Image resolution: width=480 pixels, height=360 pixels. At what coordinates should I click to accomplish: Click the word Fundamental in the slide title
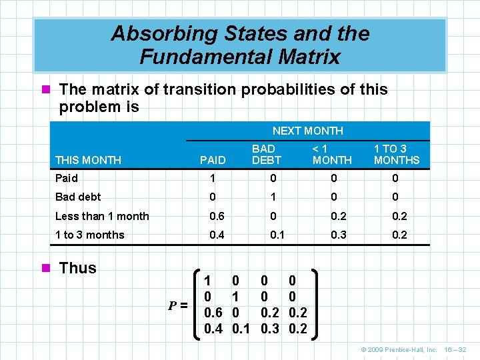click(x=199, y=57)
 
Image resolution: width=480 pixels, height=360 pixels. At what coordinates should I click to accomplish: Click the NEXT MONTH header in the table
click(x=307, y=131)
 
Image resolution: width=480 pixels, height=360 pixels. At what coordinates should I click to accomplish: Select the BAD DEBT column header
click(x=266, y=154)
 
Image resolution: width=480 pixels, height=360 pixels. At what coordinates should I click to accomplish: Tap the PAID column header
click(x=213, y=160)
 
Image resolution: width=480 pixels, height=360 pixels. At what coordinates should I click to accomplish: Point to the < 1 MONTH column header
click(x=331, y=154)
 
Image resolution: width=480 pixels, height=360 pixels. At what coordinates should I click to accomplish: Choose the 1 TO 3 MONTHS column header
click(x=396, y=154)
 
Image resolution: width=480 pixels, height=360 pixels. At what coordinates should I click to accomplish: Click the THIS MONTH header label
click(x=88, y=160)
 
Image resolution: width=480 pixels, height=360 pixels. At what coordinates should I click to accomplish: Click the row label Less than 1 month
click(x=102, y=216)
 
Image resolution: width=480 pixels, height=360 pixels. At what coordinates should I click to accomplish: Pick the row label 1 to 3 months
click(x=89, y=235)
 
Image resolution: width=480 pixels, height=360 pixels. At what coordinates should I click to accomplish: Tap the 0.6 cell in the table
click(x=217, y=216)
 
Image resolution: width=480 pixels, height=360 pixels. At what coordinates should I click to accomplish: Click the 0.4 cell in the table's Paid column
click(x=217, y=235)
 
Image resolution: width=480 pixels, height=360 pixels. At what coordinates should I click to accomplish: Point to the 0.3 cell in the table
click(x=339, y=235)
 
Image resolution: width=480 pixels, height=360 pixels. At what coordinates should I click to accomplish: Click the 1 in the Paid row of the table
click(x=213, y=179)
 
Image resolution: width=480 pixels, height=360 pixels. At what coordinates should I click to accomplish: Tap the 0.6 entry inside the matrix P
click(x=214, y=313)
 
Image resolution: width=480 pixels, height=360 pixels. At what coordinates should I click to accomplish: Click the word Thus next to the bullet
click(x=77, y=268)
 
